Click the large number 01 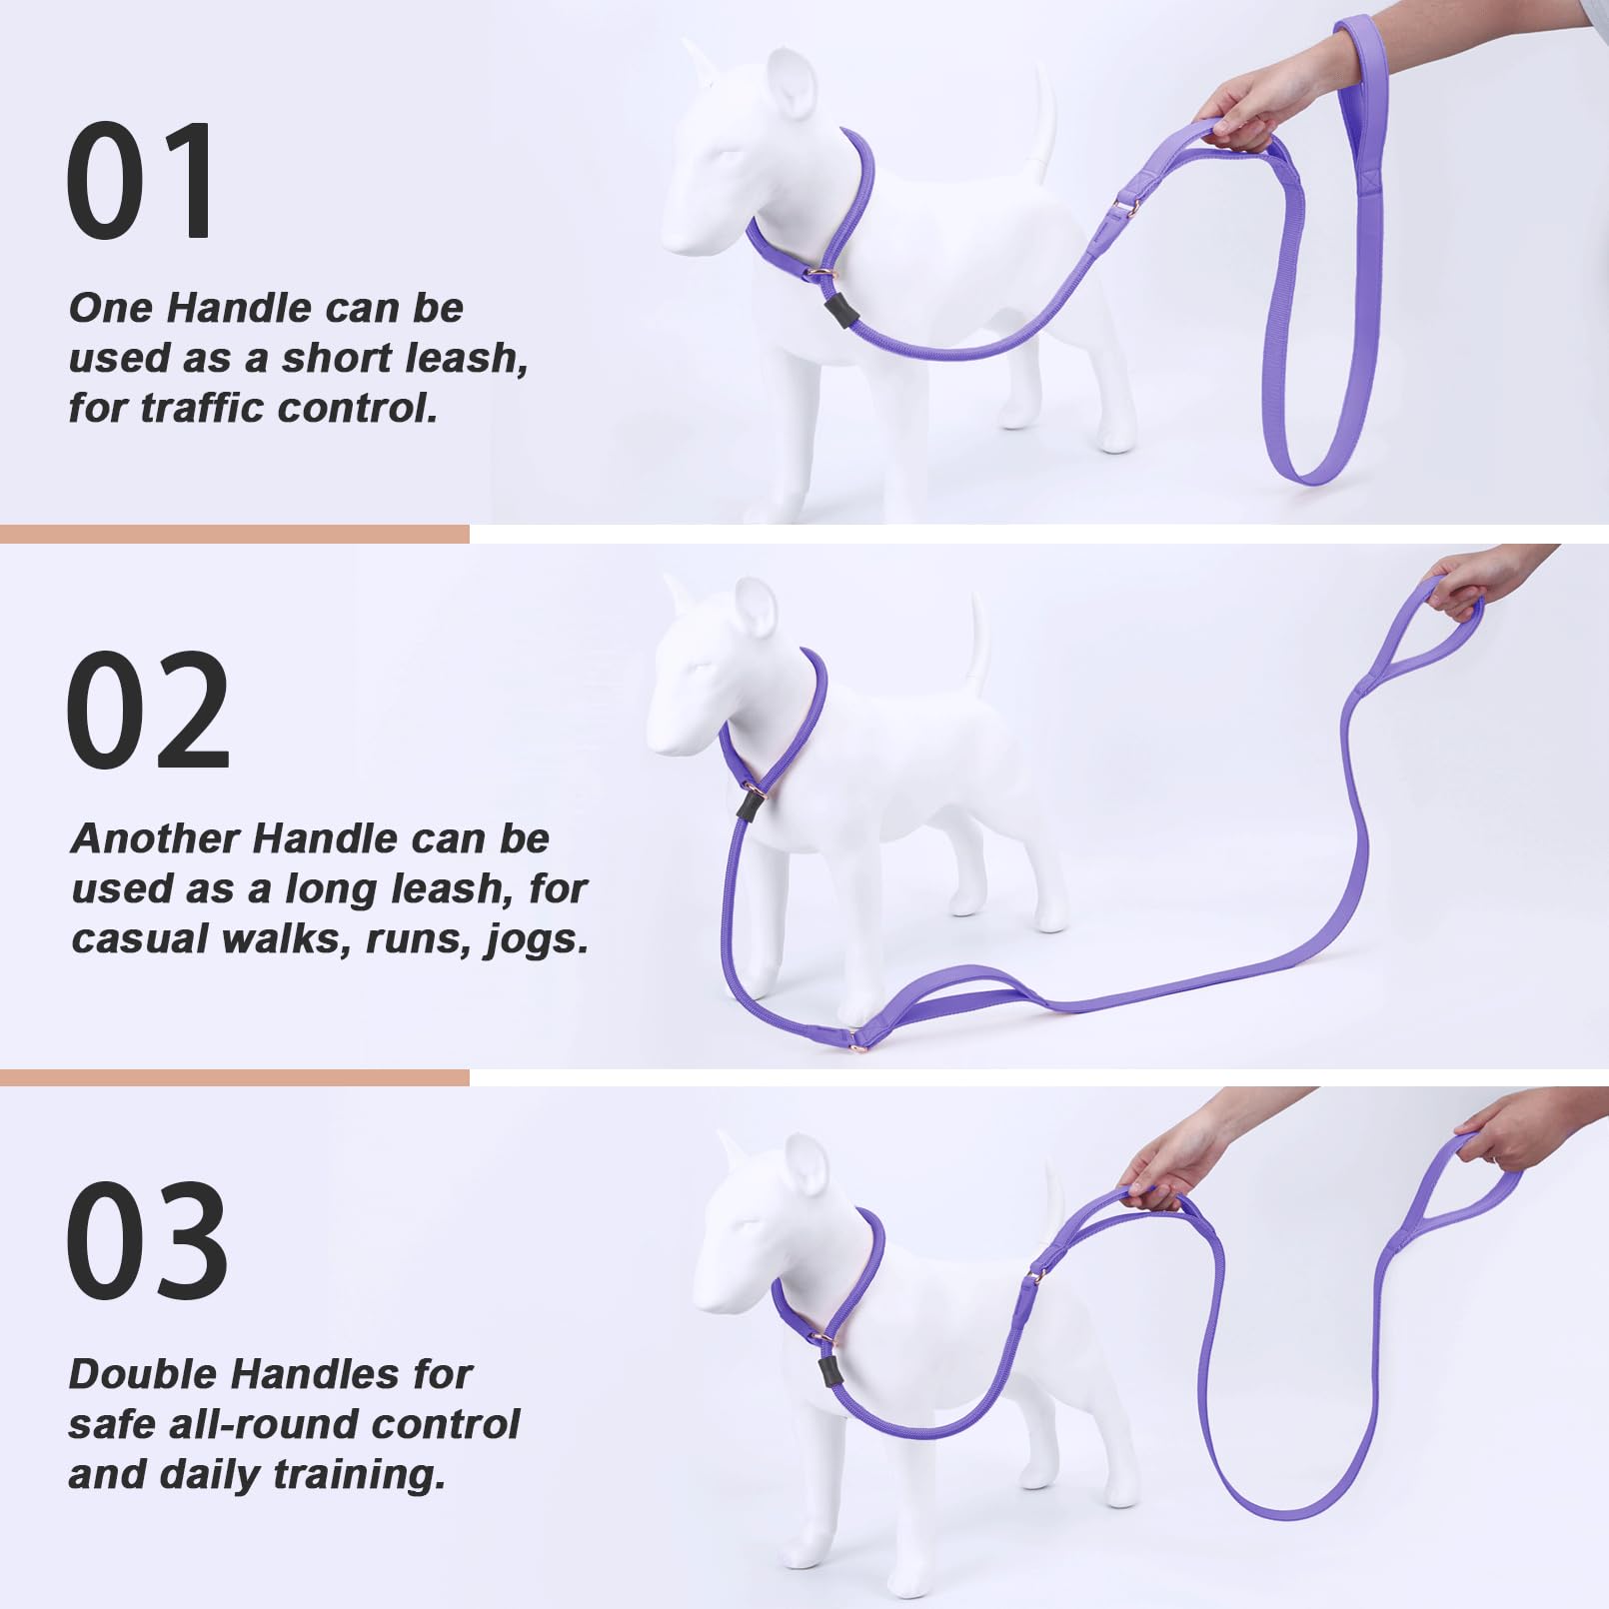[x=140, y=181]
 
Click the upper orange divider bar [x=234, y=534]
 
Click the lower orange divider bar [x=234, y=1077]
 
